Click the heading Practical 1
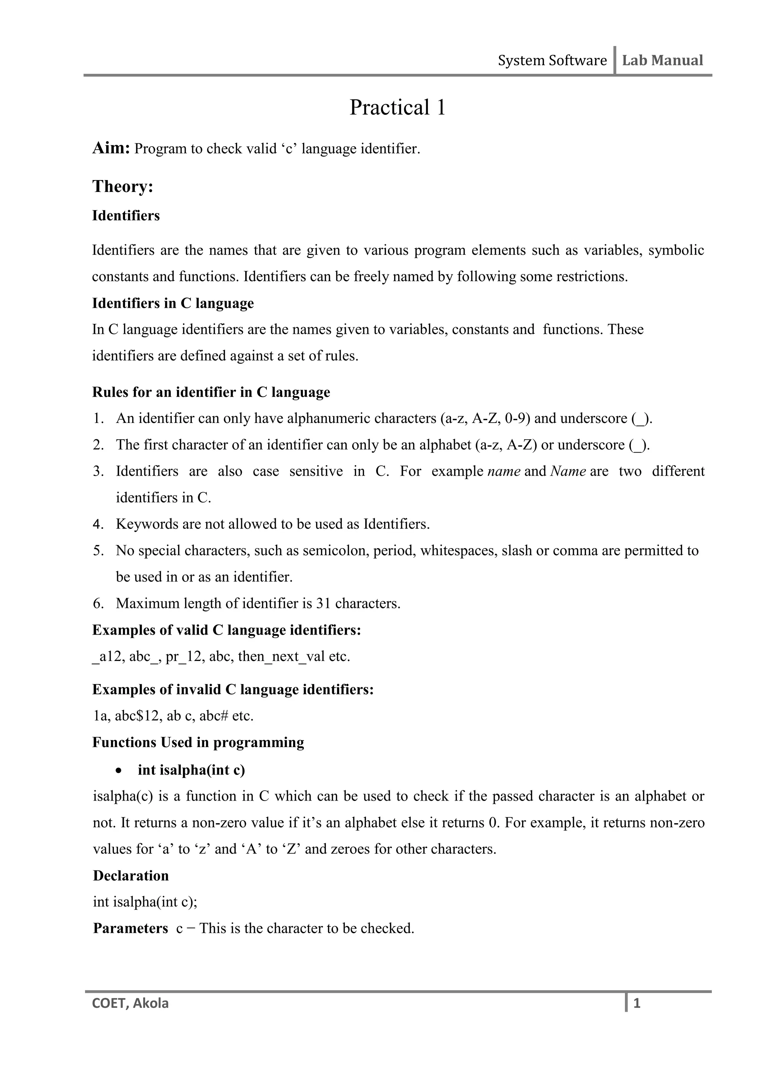397,107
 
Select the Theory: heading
122,186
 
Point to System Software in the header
552,61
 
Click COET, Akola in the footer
130,1003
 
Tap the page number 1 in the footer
636,1003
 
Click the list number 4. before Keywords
98,524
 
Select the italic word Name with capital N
568,471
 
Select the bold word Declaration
131,876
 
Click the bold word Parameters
130,928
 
